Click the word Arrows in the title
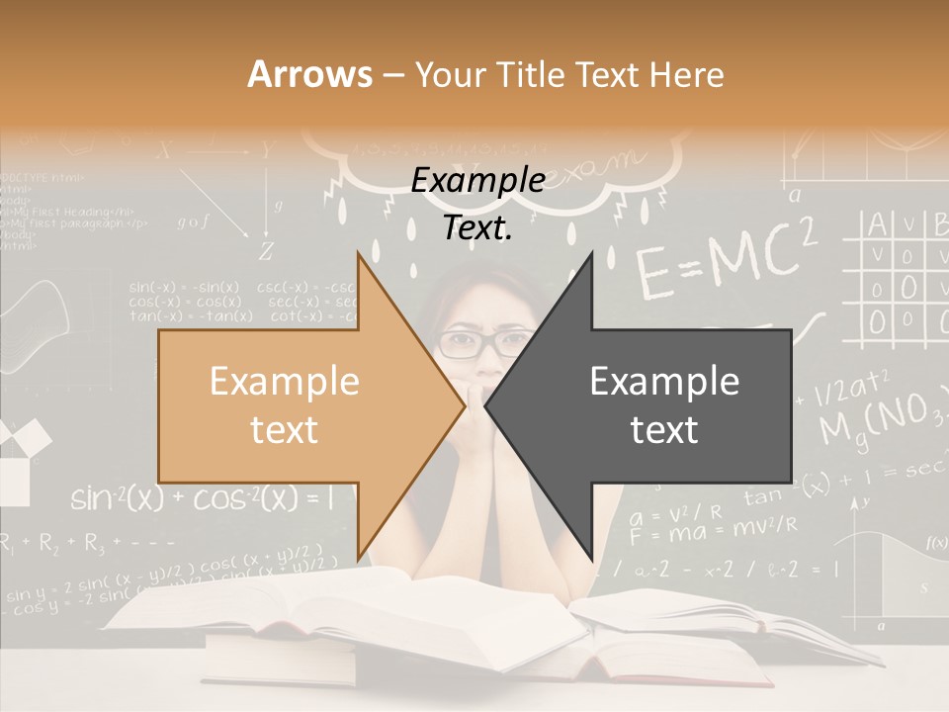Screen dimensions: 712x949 [x=309, y=73]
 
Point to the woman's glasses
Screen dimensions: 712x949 [x=483, y=344]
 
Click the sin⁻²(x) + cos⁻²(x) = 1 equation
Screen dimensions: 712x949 [x=214, y=498]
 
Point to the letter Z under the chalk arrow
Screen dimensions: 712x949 [x=265, y=251]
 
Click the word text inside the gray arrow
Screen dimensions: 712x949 [x=664, y=429]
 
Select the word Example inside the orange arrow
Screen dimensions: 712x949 [x=284, y=382]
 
